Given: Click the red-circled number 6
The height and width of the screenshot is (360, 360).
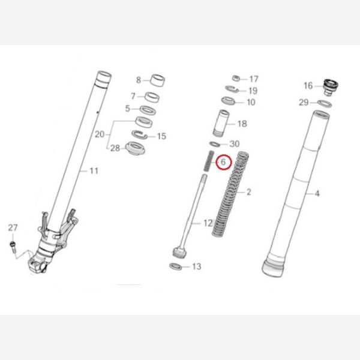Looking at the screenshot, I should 223,162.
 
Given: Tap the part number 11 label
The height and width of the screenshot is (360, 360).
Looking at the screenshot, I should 94,171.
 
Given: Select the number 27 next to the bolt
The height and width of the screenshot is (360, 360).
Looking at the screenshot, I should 13,227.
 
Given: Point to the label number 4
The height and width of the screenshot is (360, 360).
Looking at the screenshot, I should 317,193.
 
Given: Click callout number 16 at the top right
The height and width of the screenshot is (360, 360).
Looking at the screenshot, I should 308,86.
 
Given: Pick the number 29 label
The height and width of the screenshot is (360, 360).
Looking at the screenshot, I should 304,103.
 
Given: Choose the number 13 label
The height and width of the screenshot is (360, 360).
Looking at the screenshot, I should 196,266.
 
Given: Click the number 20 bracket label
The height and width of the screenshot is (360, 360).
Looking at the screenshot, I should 100,134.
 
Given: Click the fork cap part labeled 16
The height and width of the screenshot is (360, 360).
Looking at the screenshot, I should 328,86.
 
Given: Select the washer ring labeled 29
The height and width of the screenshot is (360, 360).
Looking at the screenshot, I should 323,104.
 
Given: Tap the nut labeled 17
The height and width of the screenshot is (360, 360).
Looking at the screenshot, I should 236,79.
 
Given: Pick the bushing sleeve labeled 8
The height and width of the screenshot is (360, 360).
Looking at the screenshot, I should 158,80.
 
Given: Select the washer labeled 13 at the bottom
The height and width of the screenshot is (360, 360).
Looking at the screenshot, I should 176,266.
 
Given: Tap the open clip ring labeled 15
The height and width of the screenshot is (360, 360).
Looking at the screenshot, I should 144,136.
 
